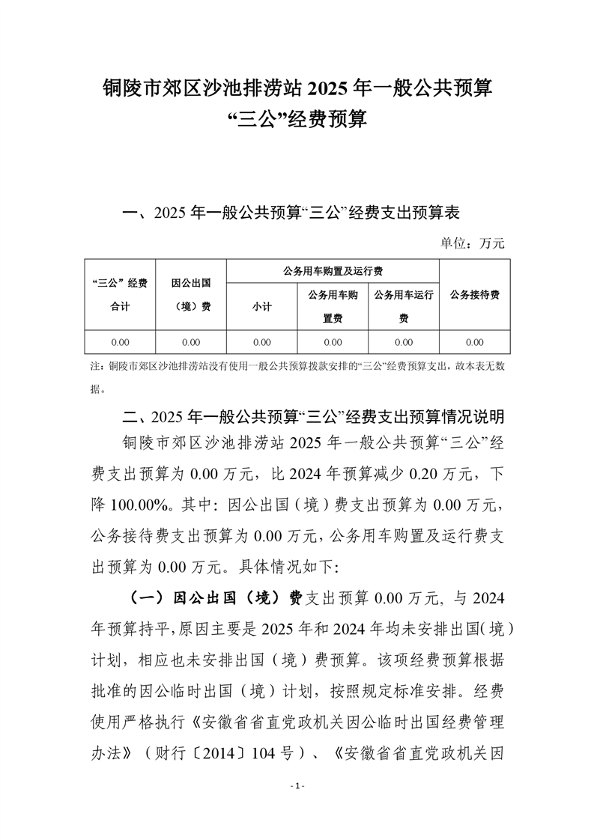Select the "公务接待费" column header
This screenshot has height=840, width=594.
point(474,295)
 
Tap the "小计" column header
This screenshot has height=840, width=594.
point(261,307)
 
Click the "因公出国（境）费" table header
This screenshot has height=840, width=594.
point(190,294)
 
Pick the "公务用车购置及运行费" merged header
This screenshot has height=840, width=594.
point(333,270)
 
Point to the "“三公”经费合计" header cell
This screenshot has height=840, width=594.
point(120,294)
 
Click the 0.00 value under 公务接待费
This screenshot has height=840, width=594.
point(474,342)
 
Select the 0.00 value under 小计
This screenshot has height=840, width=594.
point(261,342)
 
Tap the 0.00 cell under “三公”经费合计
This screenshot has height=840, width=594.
point(120,342)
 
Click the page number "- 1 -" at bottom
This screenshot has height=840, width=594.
point(297,786)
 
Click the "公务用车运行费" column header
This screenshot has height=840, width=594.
point(404,306)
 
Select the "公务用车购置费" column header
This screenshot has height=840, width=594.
point(333,306)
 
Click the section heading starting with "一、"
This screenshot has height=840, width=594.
point(291,213)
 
